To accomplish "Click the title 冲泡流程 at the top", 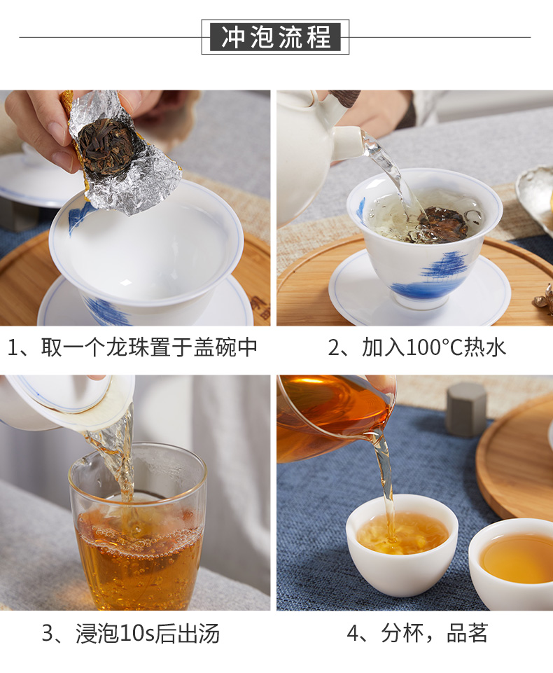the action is click(275, 37).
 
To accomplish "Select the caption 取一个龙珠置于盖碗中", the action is click(132, 347).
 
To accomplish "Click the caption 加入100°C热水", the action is click(416, 347).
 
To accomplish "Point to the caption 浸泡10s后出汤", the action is click(131, 634).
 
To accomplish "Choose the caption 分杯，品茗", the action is click(417, 634).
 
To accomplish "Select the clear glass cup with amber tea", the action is click(138, 527).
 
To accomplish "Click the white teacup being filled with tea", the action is click(402, 545).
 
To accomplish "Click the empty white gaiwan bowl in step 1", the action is click(146, 254).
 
